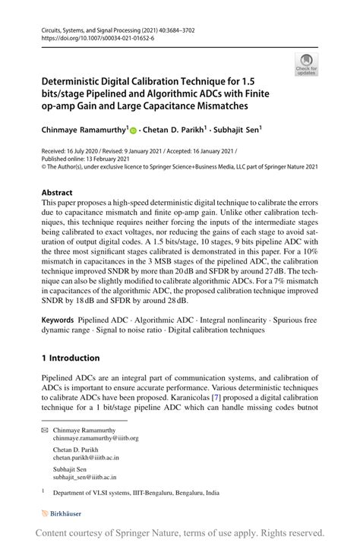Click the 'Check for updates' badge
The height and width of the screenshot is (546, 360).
pyautogui.click(x=306, y=65)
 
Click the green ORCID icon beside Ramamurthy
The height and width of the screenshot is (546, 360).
pyautogui.click(x=133, y=131)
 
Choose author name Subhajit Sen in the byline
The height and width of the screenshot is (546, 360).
pyautogui.click(x=237, y=130)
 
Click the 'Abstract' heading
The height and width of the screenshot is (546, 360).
pyautogui.click(x=57, y=193)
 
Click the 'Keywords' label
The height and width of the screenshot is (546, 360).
pyautogui.click(x=61, y=321)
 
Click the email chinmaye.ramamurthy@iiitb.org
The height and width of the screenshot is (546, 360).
pyautogui.click(x=96, y=438)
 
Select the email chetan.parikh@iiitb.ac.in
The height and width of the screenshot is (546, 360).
pyautogui.click(x=86, y=458)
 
